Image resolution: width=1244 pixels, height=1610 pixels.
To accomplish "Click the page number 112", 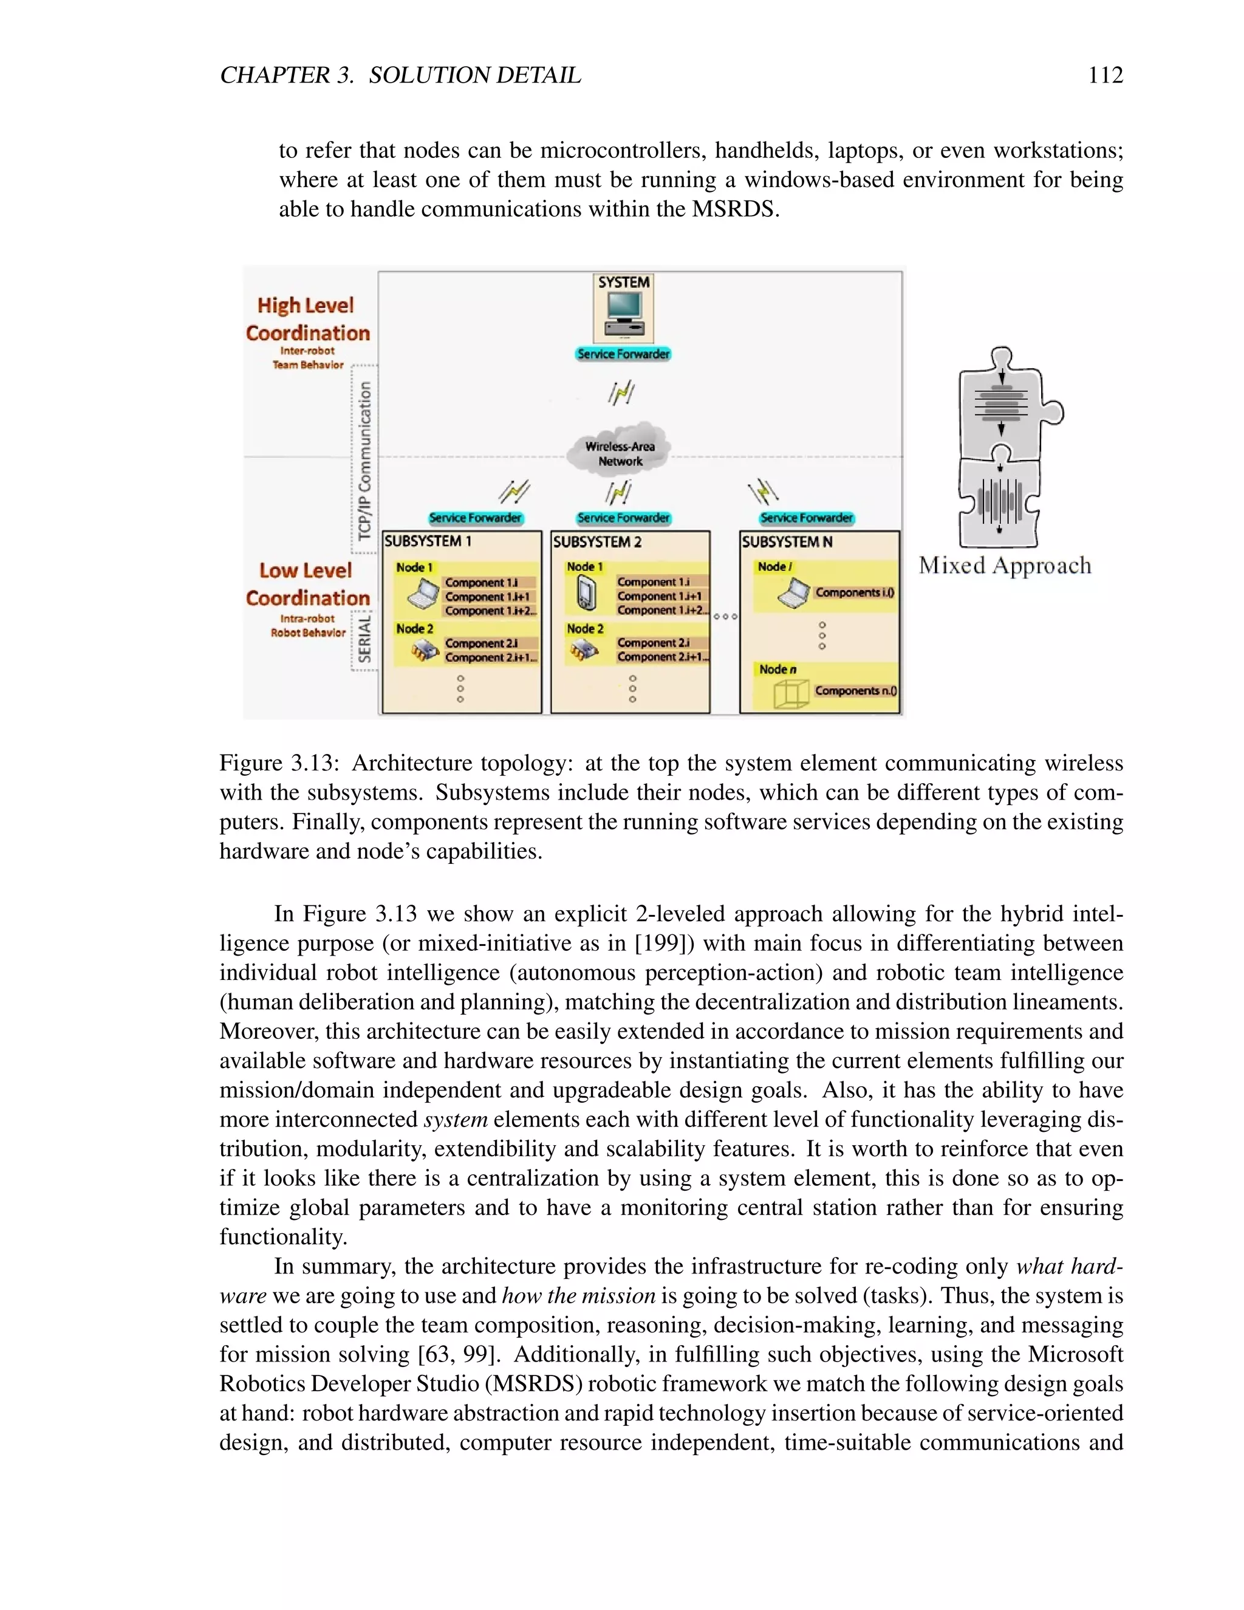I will click(x=1105, y=75).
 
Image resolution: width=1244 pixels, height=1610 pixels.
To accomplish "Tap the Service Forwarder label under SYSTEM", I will click(x=623, y=354).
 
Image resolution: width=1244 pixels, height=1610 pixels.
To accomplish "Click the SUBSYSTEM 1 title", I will click(x=428, y=541).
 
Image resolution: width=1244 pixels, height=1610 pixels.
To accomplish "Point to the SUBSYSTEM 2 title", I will click(x=598, y=542).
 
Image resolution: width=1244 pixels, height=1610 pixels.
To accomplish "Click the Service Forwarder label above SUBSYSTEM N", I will click(x=806, y=518).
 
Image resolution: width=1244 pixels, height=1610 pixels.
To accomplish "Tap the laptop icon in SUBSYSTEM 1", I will click(x=422, y=594).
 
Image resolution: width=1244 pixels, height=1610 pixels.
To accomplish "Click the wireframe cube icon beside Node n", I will click(x=791, y=694).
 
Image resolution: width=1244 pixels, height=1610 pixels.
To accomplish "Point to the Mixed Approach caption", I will click(x=1005, y=566).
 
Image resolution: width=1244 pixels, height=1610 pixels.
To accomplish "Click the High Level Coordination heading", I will click(x=307, y=318).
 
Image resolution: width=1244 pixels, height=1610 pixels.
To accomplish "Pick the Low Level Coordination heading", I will click(x=307, y=583).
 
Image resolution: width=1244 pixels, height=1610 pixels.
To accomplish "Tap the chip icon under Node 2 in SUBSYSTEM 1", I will click(x=424, y=650).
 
